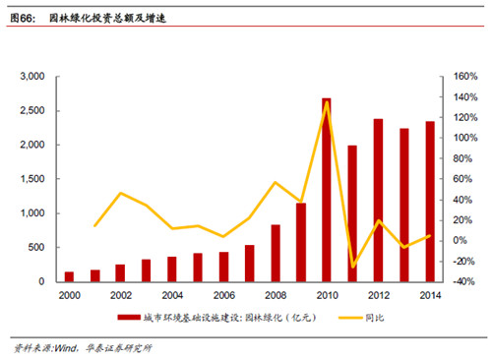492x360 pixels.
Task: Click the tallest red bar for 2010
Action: (x=327, y=190)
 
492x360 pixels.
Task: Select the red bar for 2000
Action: (x=69, y=276)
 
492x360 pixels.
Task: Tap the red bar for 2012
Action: (x=378, y=201)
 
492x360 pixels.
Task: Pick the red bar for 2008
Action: (x=276, y=253)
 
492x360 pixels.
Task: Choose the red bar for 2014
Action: (x=430, y=202)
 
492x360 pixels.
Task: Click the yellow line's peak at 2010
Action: (x=327, y=102)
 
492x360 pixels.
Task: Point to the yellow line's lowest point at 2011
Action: (x=353, y=268)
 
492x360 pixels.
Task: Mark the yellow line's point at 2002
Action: (x=121, y=193)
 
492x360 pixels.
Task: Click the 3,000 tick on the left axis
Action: (x=32, y=77)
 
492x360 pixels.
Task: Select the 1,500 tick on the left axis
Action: (x=32, y=179)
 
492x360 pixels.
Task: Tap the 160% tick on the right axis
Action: (x=465, y=77)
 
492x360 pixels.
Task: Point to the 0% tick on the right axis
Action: (x=460, y=240)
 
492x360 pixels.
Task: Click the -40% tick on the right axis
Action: (x=463, y=281)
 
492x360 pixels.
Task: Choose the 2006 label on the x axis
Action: (x=224, y=295)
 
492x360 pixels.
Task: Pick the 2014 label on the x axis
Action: (x=430, y=295)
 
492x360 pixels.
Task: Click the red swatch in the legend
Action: (x=129, y=318)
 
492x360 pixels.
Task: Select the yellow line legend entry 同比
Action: (x=375, y=318)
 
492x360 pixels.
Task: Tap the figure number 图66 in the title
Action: (x=23, y=18)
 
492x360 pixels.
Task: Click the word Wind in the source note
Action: (x=66, y=348)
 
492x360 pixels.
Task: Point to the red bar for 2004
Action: (x=172, y=270)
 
